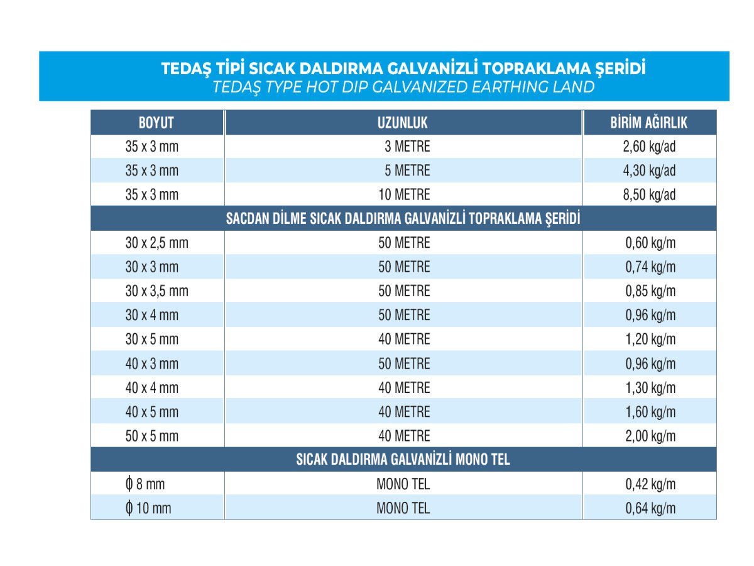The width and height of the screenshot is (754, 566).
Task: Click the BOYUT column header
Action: click(156, 122)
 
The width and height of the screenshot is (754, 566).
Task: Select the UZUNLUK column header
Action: click(403, 122)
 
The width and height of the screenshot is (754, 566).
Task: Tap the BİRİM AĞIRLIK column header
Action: click(649, 122)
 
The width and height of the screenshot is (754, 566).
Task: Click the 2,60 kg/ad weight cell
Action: click(650, 147)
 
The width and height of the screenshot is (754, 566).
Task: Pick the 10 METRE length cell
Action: click(403, 194)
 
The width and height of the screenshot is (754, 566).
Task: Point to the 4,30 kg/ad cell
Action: click(650, 170)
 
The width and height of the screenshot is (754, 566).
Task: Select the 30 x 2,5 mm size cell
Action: click(156, 243)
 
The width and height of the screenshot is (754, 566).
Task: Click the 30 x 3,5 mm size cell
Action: click(156, 291)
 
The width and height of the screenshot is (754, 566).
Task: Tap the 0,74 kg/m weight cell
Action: click(650, 267)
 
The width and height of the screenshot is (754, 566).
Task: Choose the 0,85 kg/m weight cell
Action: click(650, 291)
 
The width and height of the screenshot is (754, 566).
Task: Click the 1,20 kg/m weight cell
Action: click(650, 340)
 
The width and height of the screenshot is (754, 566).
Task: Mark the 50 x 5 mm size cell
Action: click(152, 436)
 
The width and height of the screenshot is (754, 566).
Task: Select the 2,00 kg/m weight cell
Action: click(650, 436)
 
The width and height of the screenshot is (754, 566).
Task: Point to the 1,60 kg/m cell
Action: click(650, 412)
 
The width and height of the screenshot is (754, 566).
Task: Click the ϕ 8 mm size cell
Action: click(145, 484)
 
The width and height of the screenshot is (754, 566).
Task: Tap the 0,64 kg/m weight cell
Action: click(650, 508)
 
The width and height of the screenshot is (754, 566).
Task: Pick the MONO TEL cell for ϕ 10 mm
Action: click(403, 508)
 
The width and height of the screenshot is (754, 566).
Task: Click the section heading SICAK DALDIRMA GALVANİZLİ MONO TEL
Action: click(403, 459)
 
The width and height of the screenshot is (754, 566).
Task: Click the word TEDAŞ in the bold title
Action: click(187, 69)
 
